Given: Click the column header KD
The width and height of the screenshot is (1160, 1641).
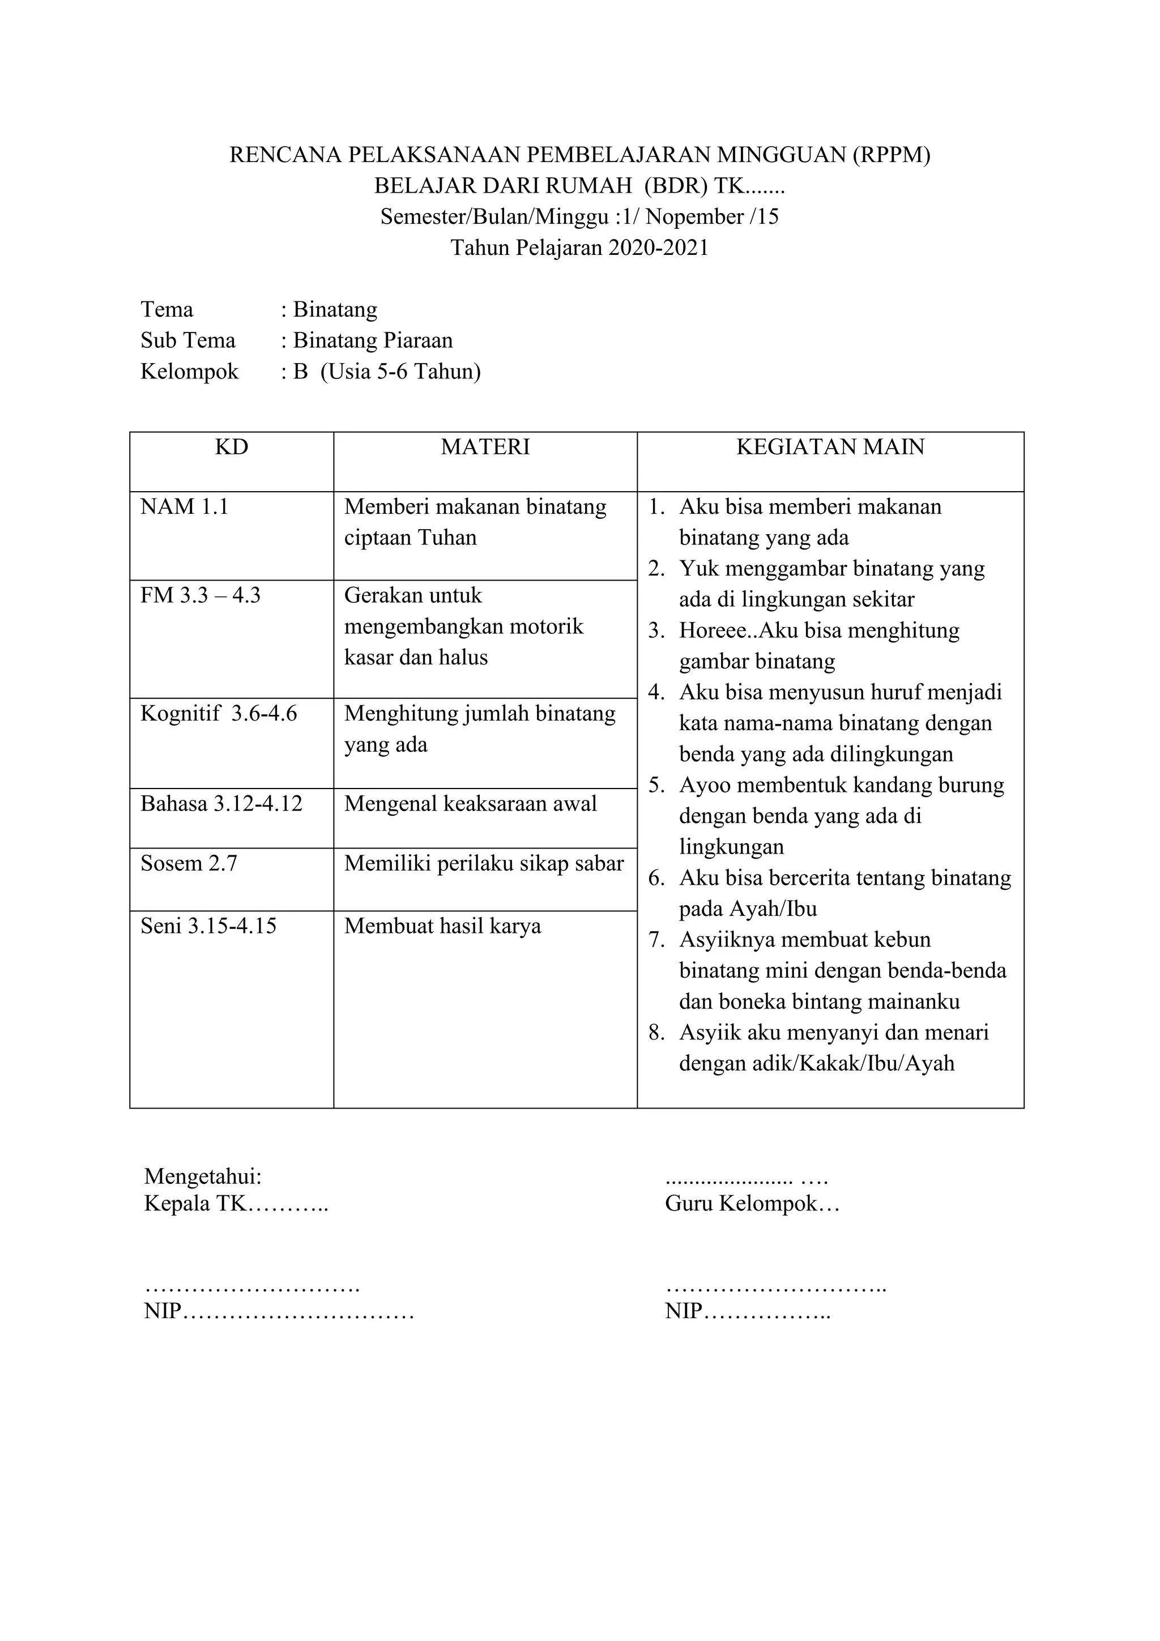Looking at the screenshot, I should tap(232, 447).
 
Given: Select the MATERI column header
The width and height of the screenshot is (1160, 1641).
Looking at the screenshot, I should tap(485, 447).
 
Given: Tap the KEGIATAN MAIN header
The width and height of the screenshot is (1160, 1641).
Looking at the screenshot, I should tap(830, 447).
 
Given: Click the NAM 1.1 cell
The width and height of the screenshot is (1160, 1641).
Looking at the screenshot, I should tap(185, 507).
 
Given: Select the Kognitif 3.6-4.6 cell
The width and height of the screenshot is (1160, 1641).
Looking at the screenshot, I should tap(219, 713).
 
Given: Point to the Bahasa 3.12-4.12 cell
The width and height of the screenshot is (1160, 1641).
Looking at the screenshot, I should tap(221, 803).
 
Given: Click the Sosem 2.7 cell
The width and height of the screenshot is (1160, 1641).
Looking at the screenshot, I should tap(189, 863).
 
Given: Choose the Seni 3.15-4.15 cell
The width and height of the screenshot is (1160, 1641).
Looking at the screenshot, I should tap(208, 926).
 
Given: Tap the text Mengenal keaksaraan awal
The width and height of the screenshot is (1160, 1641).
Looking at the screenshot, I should tap(470, 803).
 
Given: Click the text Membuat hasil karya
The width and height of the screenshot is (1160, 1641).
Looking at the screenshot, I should tap(442, 926).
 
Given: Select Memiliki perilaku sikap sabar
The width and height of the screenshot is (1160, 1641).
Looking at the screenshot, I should tap(484, 863).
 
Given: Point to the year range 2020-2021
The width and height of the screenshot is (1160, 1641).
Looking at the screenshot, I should tap(658, 248).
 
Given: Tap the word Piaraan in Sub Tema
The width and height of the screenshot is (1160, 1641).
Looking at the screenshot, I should tap(420, 340).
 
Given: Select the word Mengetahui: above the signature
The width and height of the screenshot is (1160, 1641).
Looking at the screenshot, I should tap(203, 1176).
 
